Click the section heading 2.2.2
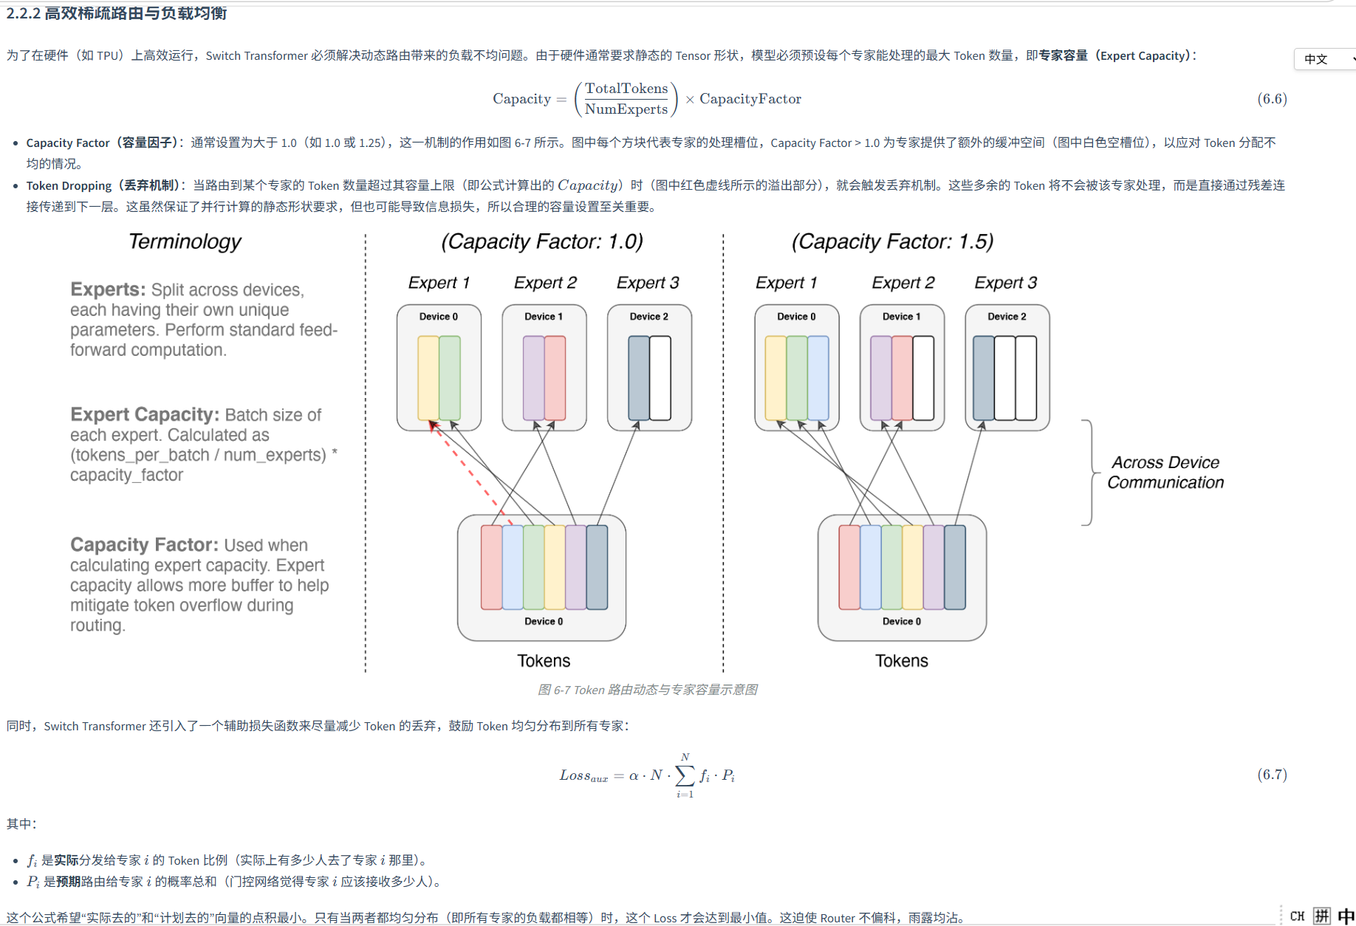[x=117, y=13]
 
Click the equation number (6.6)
[x=1272, y=99]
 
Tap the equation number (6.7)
[x=1272, y=774]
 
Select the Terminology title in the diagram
[x=185, y=241]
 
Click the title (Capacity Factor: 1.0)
[x=542, y=241]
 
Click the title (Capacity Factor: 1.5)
[x=892, y=241]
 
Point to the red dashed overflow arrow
[x=470, y=472]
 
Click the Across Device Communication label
[x=1165, y=473]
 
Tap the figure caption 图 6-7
[x=647, y=690]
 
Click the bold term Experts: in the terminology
[x=108, y=289]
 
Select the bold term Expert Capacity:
[x=145, y=415]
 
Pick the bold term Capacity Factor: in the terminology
[x=144, y=545]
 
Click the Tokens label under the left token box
[x=544, y=661]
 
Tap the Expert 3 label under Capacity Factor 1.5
[x=1005, y=283]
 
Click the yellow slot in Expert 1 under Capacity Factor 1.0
[x=428, y=378]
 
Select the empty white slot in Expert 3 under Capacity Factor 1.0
[x=660, y=378]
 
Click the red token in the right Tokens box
[x=849, y=567]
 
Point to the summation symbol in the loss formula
[x=685, y=775]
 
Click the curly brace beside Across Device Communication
[x=1089, y=473]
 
